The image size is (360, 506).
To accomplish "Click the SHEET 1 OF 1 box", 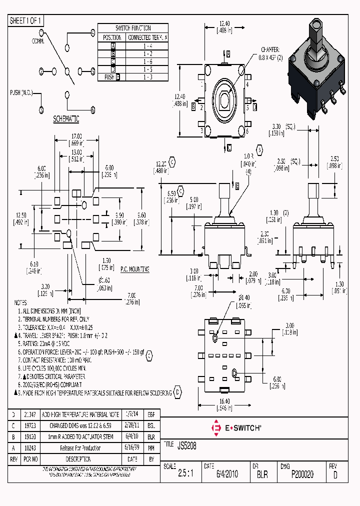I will [x=26, y=20].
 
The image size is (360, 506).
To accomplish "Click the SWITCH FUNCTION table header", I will [x=133, y=28].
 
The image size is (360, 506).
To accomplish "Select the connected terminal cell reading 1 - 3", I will [x=147, y=77].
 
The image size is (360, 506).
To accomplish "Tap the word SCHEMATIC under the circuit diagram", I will [x=66, y=119].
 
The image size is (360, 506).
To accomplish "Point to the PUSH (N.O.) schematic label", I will [x=22, y=93].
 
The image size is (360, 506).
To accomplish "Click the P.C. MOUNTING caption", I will [x=132, y=269].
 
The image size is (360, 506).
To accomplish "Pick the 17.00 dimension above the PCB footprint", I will [x=77, y=135].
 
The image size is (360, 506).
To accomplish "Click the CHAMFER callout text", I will [x=270, y=49].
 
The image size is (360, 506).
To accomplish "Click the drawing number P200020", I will [x=302, y=474].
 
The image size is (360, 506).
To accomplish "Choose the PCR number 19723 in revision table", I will [x=29, y=425].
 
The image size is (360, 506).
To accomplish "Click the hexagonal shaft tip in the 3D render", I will [x=316, y=24].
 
